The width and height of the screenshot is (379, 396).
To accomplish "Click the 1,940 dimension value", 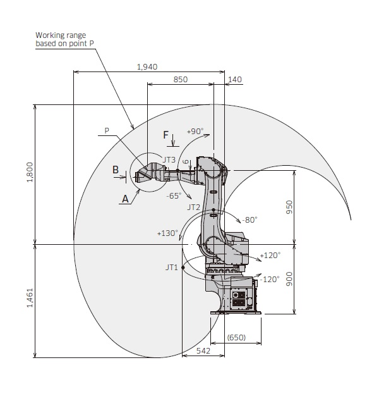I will pyautogui.click(x=147, y=66).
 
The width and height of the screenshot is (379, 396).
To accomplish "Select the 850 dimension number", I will pyautogui.click(x=180, y=79).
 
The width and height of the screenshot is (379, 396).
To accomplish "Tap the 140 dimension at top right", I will pyautogui.click(x=234, y=79).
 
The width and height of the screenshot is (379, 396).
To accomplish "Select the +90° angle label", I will pyautogui.click(x=195, y=131).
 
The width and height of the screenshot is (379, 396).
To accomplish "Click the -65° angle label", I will pyautogui.click(x=174, y=195).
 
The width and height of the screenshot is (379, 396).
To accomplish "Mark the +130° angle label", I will pyautogui.click(x=167, y=233).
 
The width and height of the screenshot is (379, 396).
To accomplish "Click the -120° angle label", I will pyautogui.click(x=270, y=279).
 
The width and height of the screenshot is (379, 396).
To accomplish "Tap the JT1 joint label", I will pyautogui.click(x=171, y=268).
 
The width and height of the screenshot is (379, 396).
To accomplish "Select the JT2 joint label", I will pyautogui.click(x=194, y=207).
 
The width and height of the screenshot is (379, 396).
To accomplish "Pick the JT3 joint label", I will pyautogui.click(x=169, y=159).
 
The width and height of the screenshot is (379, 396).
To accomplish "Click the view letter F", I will pyautogui.click(x=165, y=135).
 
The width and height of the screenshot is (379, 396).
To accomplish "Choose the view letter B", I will pyautogui.click(x=116, y=169).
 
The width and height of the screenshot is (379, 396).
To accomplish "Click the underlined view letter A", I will pyautogui.click(x=125, y=197).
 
